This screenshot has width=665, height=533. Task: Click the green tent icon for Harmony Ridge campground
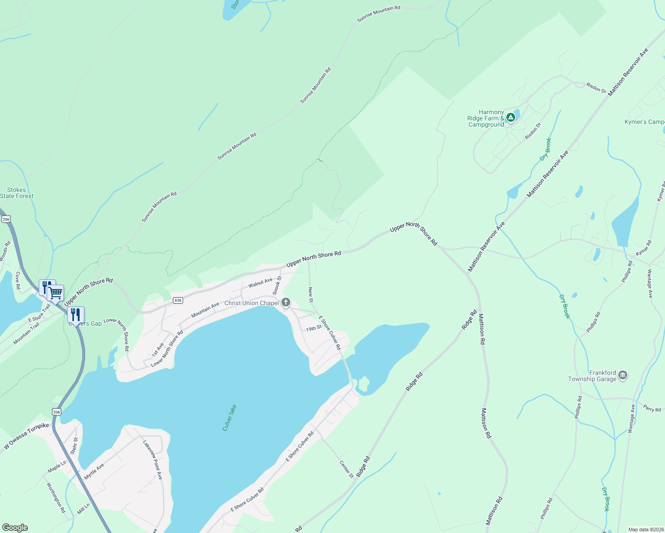[511, 117]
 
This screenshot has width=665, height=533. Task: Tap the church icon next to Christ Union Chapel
[286, 303]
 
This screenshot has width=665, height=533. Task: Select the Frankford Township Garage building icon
[623, 376]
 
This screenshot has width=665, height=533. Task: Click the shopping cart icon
[56, 293]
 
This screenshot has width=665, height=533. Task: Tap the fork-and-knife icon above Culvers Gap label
[76, 314]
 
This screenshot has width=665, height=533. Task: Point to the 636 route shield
[178, 300]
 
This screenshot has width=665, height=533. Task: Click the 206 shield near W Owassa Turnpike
[56, 412]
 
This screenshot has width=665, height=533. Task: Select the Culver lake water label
[229, 418]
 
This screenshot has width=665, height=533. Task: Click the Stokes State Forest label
[16, 193]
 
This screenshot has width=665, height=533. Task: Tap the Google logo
[15, 528]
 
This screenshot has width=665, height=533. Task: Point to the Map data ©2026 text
[645, 529]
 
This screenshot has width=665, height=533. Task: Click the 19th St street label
[313, 329]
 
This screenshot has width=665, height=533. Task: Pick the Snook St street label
[277, 285]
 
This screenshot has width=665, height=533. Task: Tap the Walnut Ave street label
[260, 282]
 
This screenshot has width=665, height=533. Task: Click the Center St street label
[346, 469]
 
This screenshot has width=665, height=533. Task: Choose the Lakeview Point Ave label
[152, 459]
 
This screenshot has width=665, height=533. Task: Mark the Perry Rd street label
[652, 408]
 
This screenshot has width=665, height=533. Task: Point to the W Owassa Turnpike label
[27, 436]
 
